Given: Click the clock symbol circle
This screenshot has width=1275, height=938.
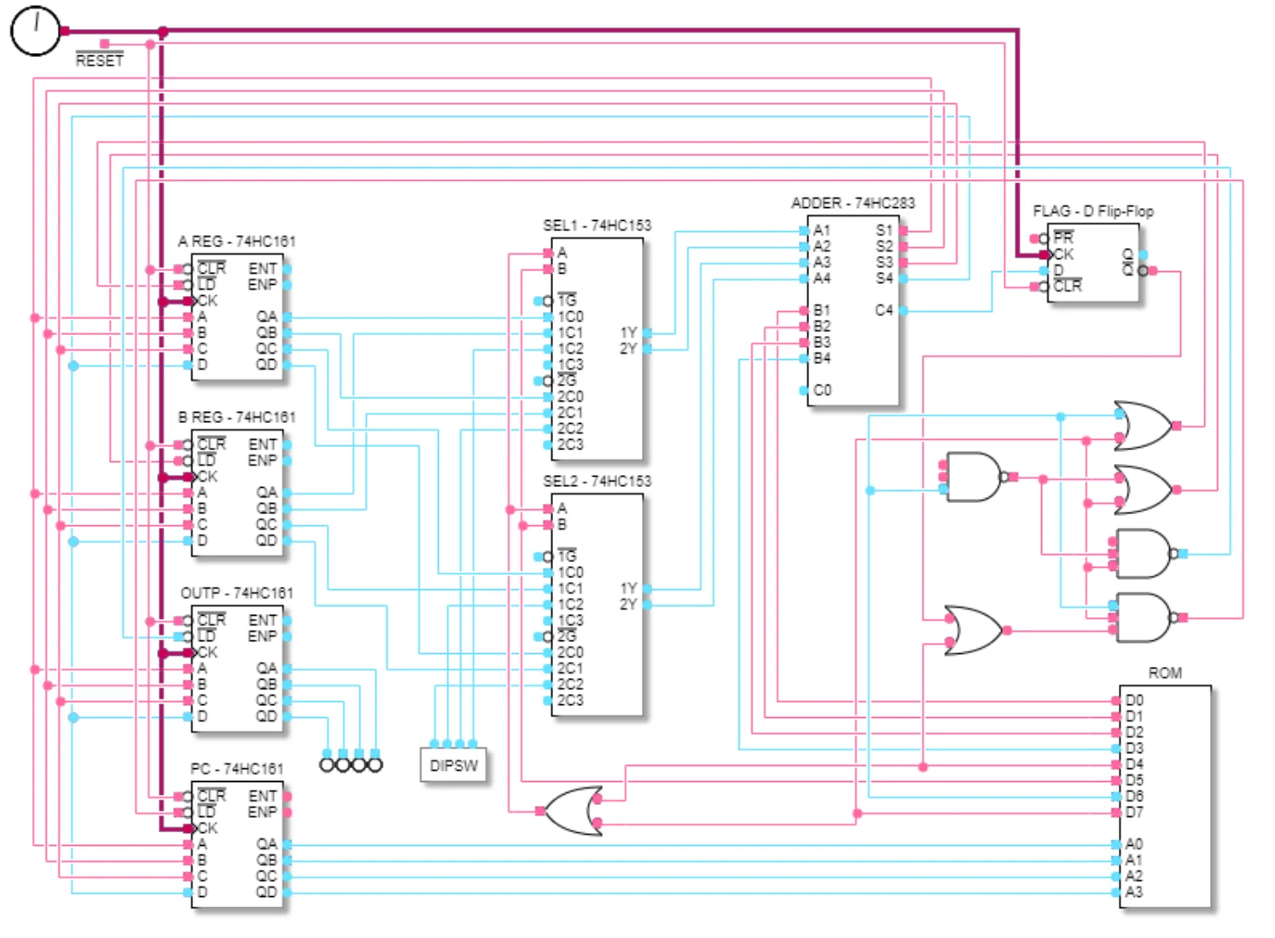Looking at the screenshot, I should [35, 31].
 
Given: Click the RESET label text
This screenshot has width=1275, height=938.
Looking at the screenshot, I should [100, 61].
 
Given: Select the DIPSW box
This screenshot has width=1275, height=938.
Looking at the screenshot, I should [453, 765].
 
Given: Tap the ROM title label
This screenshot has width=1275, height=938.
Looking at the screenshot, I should [1165, 673].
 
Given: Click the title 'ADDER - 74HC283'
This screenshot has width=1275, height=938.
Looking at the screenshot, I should [853, 203].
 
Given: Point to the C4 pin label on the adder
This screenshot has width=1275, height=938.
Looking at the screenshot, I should [883, 310].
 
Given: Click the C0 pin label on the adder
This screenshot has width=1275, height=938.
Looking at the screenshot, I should [823, 391].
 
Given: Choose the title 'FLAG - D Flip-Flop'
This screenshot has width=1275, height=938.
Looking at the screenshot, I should [1092, 211].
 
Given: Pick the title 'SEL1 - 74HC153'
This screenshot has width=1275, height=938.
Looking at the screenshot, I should [597, 225].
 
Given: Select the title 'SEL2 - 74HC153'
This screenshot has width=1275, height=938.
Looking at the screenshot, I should [597, 481].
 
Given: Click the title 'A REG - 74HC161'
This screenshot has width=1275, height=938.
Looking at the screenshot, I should [236, 241].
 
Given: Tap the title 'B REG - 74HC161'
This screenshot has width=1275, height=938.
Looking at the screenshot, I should [236, 417].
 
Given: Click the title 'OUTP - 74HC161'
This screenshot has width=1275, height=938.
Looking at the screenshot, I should [236, 593].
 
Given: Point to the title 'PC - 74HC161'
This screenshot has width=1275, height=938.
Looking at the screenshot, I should [236, 768].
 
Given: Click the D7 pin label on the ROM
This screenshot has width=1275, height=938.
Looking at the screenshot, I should [1134, 813].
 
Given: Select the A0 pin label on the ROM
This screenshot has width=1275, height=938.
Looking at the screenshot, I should [1134, 844].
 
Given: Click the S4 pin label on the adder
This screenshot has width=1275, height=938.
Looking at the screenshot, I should [883, 278].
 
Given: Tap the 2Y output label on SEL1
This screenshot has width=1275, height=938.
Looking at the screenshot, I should [628, 349].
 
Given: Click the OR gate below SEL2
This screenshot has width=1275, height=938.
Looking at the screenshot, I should [572, 810].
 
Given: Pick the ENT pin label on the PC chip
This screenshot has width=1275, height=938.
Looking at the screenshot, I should [262, 796].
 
